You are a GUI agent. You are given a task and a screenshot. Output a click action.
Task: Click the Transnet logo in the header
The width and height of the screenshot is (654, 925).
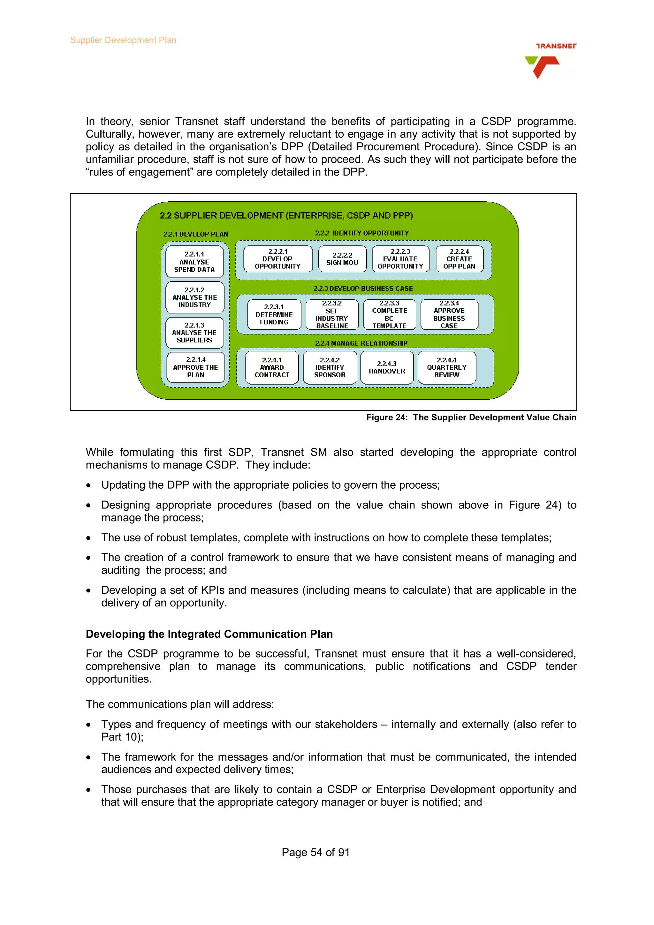(x=550, y=60)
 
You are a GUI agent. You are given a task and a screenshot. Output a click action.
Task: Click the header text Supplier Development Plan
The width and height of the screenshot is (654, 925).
(x=123, y=40)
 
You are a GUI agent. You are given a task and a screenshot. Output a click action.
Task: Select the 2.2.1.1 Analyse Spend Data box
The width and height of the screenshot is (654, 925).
(x=194, y=262)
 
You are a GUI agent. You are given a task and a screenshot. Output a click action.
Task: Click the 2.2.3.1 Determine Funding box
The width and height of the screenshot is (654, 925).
(x=274, y=314)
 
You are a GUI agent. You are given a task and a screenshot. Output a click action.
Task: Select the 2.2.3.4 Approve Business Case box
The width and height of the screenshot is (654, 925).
(x=449, y=314)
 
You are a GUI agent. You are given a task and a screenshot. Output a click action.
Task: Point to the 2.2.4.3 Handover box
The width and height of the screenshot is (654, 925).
(x=387, y=367)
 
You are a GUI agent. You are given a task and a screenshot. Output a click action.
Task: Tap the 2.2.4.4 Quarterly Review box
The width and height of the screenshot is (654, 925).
(x=446, y=367)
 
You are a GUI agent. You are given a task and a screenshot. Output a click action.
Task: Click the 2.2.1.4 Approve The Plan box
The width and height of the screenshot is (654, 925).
(x=195, y=367)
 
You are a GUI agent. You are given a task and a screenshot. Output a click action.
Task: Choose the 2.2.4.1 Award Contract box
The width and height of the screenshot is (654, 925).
(x=272, y=367)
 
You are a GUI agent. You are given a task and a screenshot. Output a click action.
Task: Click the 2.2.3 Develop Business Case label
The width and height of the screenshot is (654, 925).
(x=363, y=289)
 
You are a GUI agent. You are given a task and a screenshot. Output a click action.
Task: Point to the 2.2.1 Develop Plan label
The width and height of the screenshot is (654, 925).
(x=195, y=234)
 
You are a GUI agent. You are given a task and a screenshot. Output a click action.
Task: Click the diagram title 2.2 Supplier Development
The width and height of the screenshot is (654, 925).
(x=286, y=215)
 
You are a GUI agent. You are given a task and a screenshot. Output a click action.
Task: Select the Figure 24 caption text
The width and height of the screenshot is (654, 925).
(x=471, y=417)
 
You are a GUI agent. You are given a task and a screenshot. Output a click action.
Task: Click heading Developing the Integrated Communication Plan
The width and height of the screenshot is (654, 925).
(x=209, y=634)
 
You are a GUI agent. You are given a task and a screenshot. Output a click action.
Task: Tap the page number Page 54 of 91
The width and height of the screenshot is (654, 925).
(x=316, y=852)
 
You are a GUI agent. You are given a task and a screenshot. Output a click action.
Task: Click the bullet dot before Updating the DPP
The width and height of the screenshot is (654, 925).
(x=88, y=485)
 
